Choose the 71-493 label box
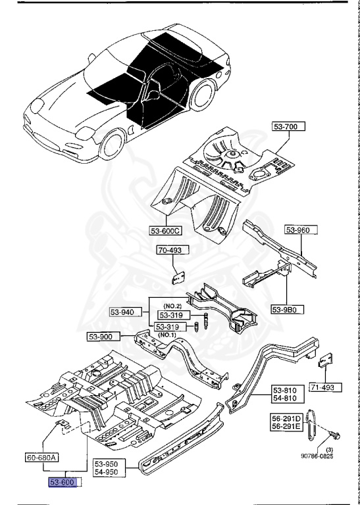323,387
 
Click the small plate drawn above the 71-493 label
326,362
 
